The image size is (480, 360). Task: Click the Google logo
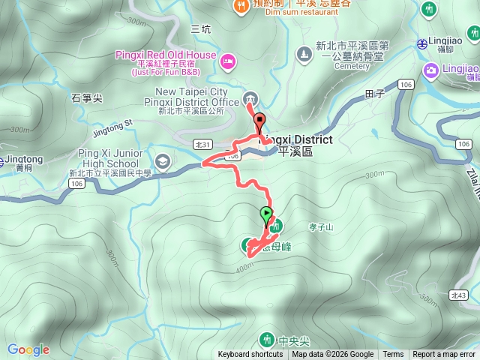click(28, 349)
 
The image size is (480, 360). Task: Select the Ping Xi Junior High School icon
click(163, 160)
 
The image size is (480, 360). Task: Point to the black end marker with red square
click(260, 121)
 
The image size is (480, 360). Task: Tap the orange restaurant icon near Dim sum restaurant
click(241, 5)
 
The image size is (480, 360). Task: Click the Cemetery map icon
click(304, 53)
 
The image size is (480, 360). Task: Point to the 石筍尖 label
click(86, 97)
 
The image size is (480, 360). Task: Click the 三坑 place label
click(201, 29)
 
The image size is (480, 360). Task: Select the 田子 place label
click(373, 93)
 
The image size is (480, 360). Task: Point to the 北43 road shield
click(459, 295)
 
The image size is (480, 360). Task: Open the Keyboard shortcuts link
click(250, 355)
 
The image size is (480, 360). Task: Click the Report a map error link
click(444, 355)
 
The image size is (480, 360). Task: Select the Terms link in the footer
click(393, 355)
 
